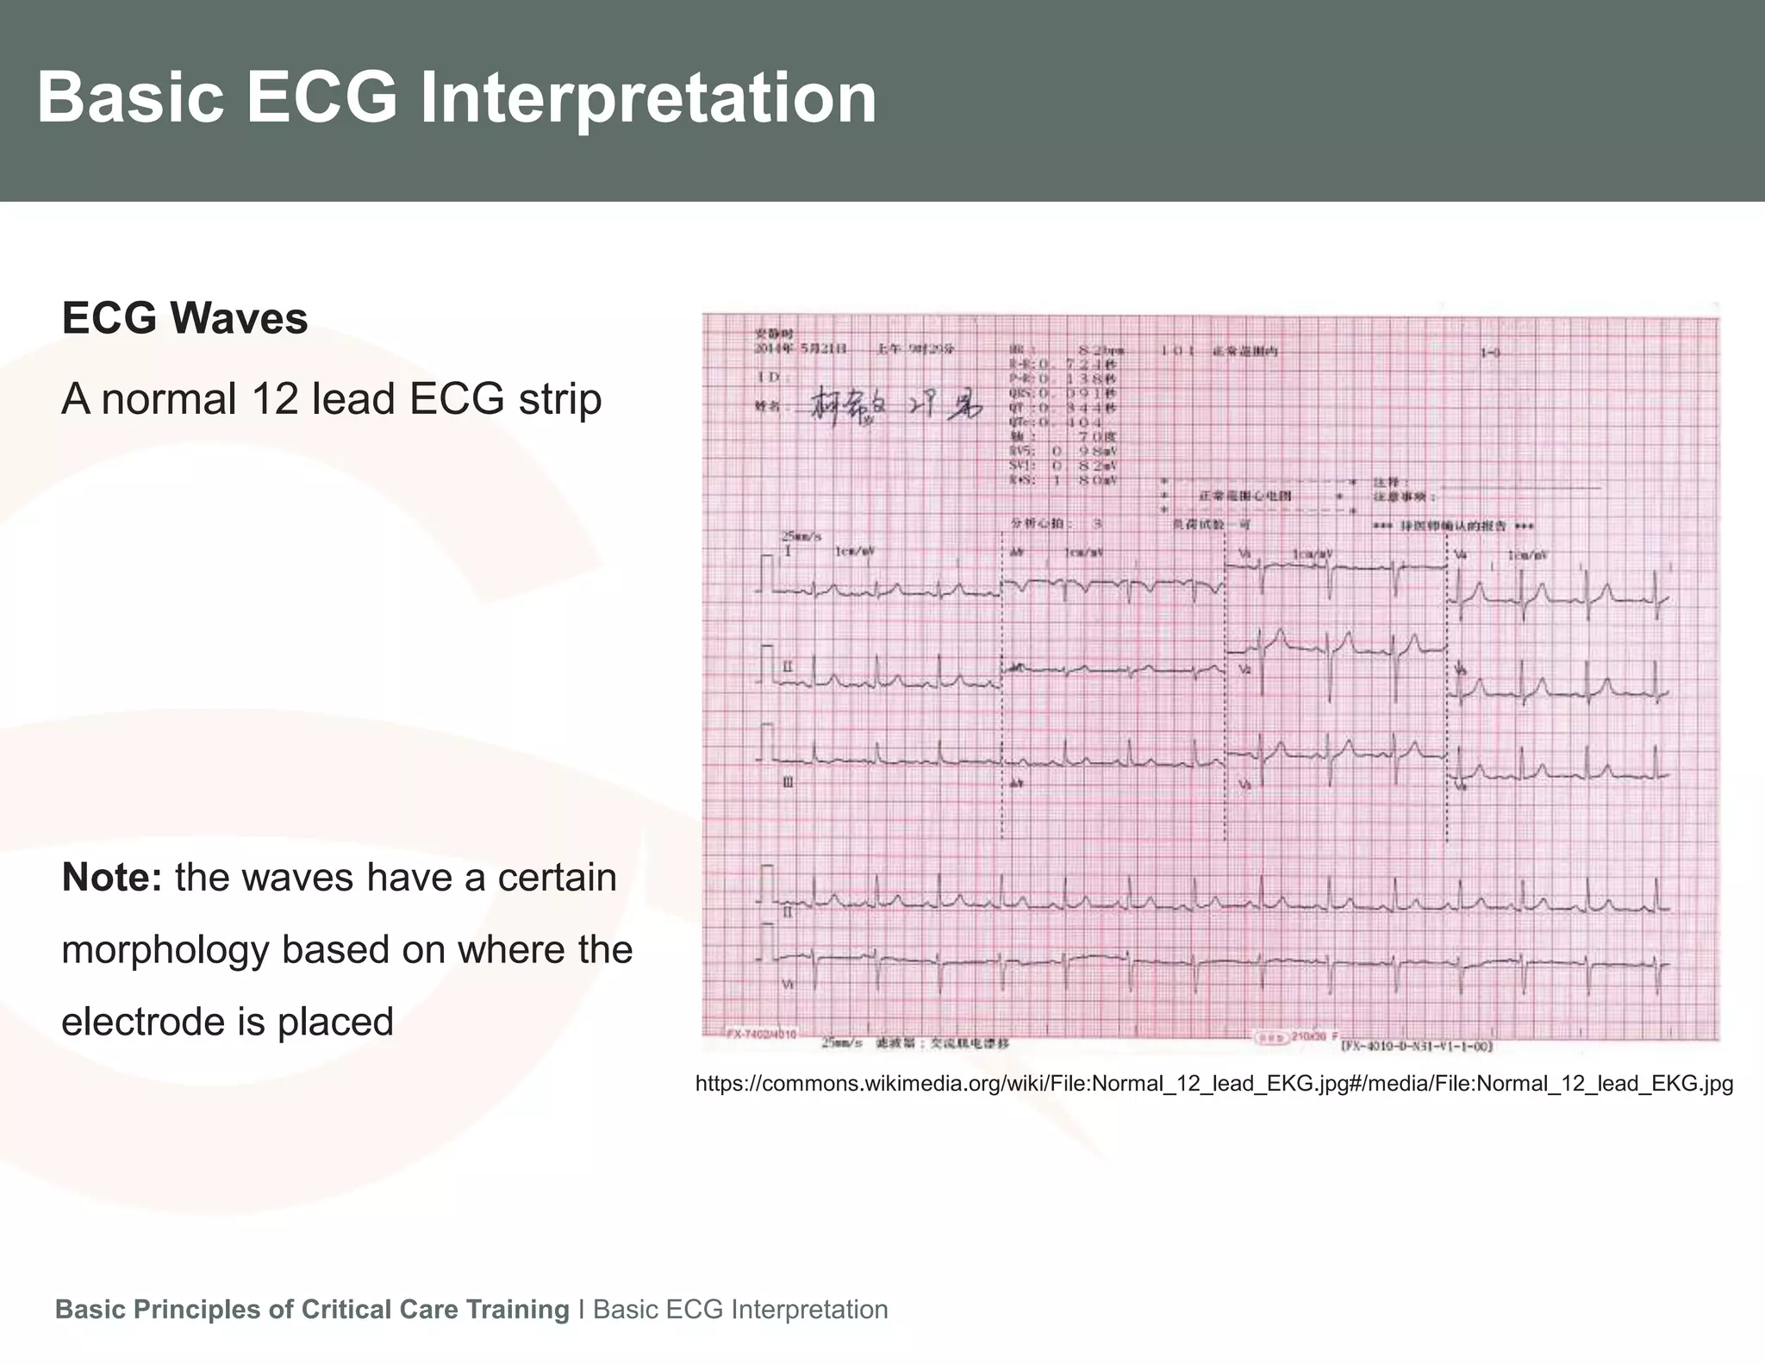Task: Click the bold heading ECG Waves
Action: point(184,318)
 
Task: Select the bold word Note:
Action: point(112,878)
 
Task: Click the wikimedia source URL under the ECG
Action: point(1213,1084)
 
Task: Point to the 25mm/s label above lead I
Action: point(801,536)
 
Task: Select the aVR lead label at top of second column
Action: point(1018,552)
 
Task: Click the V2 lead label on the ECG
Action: point(1244,669)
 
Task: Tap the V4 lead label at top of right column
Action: point(1460,555)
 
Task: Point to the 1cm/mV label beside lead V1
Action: point(1313,554)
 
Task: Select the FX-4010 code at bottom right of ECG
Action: point(1416,1047)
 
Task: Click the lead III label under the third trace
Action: point(787,781)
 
